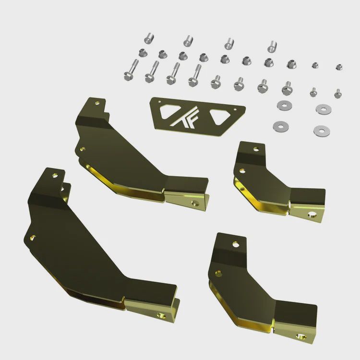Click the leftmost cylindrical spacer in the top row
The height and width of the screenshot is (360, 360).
coord(149,37)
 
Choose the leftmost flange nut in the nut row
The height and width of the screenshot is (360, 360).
coord(142,52)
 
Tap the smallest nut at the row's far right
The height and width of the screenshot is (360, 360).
coord(339,67)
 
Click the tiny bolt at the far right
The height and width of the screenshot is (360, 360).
coord(338,93)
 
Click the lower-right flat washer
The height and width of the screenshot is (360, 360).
coord(319,130)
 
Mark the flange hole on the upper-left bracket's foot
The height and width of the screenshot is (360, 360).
coord(195,203)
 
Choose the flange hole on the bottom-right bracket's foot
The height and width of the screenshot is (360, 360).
coord(301,336)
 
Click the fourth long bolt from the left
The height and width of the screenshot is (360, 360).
coord(194,75)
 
